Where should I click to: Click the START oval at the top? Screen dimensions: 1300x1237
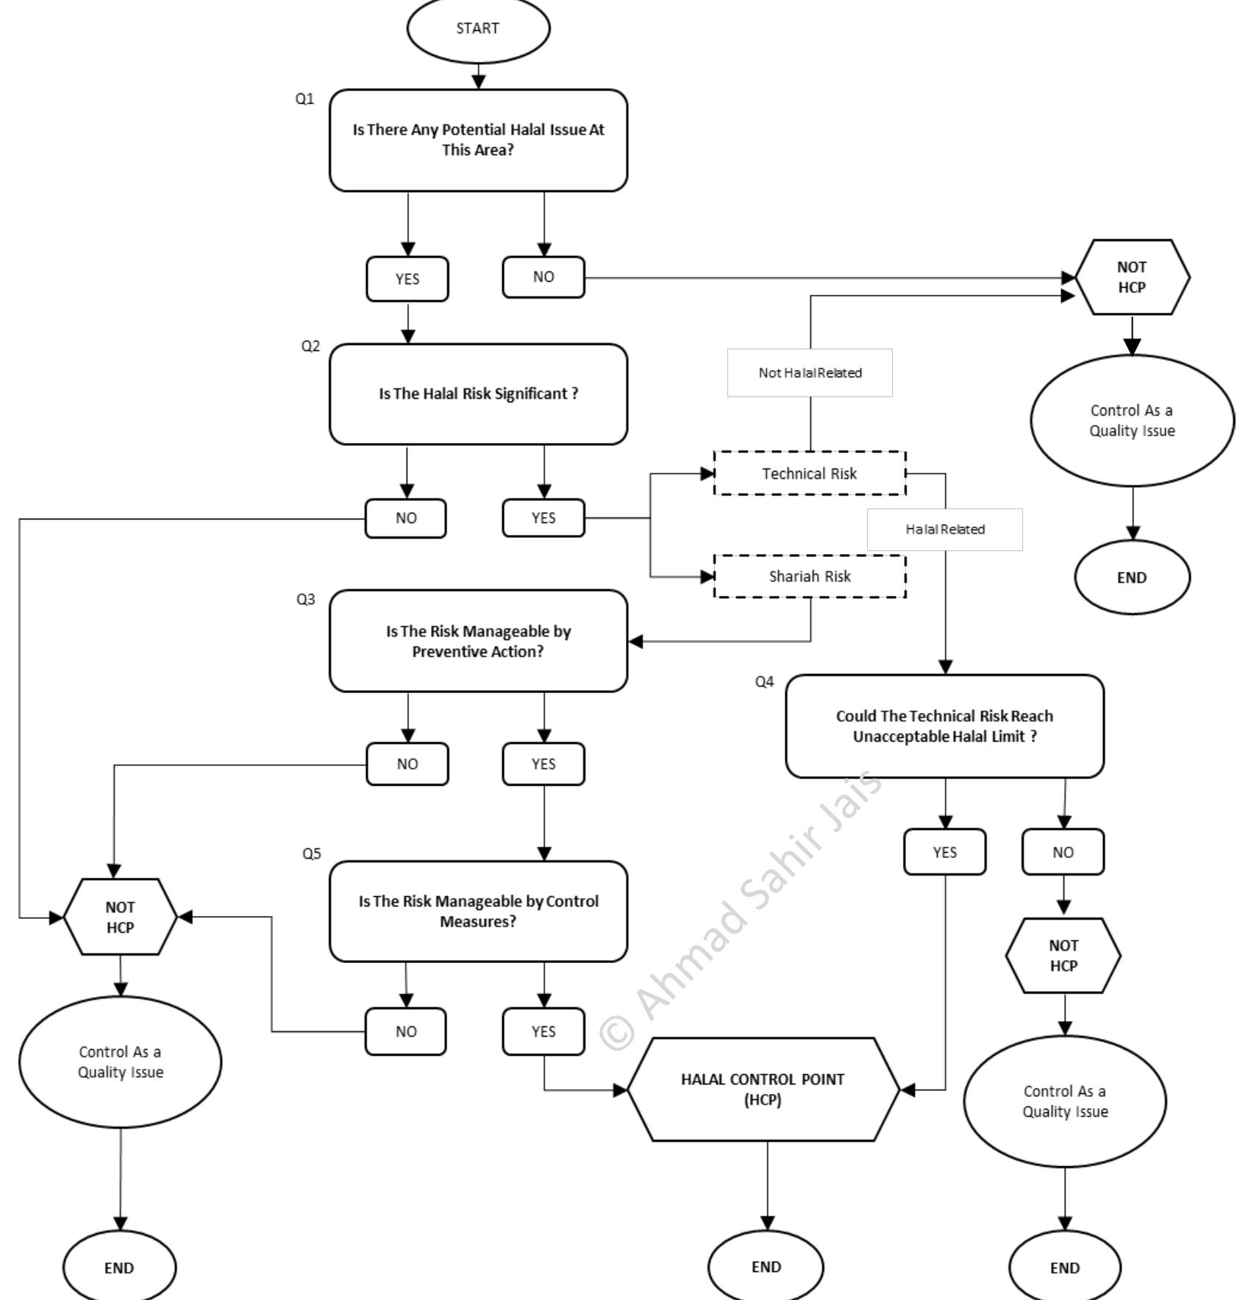(x=478, y=29)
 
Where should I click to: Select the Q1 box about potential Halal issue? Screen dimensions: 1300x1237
(x=478, y=140)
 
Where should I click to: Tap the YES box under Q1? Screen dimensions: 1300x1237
(x=407, y=279)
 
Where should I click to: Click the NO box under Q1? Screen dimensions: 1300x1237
(x=543, y=277)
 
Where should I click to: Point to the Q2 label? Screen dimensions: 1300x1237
(x=310, y=346)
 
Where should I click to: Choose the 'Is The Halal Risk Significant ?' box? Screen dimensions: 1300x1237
(x=478, y=394)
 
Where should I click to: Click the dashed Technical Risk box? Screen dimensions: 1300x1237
(x=809, y=473)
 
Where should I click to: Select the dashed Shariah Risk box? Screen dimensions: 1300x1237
(x=809, y=576)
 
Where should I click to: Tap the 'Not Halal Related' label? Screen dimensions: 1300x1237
(x=810, y=373)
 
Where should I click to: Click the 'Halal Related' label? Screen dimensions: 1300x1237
(x=944, y=529)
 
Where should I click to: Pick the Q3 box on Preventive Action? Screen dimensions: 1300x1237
(x=478, y=641)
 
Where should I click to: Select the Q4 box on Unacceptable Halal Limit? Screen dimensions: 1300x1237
(x=944, y=726)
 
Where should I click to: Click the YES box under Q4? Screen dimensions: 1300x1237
(x=944, y=852)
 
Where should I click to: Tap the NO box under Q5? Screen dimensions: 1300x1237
(x=405, y=1031)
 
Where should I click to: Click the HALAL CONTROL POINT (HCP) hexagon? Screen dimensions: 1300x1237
(x=763, y=1090)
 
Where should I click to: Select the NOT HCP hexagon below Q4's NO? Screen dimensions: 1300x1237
(x=1063, y=955)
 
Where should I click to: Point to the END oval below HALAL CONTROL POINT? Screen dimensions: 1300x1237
(x=766, y=1267)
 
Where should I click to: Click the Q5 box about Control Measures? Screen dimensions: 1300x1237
(x=478, y=911)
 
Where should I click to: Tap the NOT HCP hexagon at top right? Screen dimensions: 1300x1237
(x=1131, y=277)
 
